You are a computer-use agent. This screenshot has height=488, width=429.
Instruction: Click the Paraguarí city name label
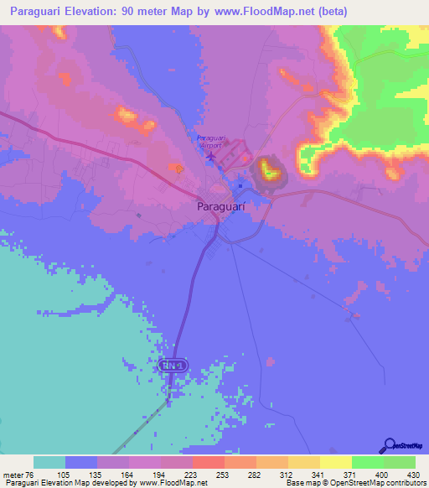pyautogui.click(x=220, y=205)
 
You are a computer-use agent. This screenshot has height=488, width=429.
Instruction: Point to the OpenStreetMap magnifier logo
pyautogui.click(x=388, y=445)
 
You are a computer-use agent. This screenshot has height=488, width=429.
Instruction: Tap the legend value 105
pyautogui.click(x=80, y=474)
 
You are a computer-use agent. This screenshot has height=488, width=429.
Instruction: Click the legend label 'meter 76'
pyautogui.click(x=18, y=474)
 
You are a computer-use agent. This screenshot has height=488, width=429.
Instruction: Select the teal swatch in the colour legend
pyautogui.click(x=49, y=462)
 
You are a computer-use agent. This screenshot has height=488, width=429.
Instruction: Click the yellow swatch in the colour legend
pyautogui.click(x=335, y=462)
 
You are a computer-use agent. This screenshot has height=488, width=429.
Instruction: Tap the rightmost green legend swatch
pyautogui.click(x=400, y=462)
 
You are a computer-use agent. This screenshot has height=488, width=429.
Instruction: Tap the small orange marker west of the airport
pyautogui.click(x=179, y=169)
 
